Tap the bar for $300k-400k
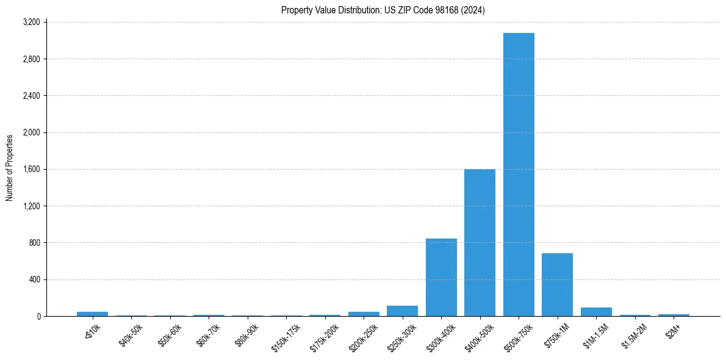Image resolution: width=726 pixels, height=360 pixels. pyautogui.click(x=441, y=278)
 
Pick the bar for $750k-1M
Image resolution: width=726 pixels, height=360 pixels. pyautogui.click(x=557, y=285)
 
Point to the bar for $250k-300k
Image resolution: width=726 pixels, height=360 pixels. pyautogui.click(x=402, y=311)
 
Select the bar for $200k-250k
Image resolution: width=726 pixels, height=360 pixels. pyautogui.click(x=364, y=314)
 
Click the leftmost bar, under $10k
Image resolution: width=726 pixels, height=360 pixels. pyautogui.click(x=92, y=314)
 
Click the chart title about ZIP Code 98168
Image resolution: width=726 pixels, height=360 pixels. pyautogui.click(x=383, y=10)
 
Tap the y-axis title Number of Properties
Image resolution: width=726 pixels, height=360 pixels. pyautogui.click(x=10, y=168)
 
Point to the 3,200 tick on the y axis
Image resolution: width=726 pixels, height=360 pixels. pyautogui.click(x=31, y=23)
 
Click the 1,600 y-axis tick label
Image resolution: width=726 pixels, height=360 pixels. pyautogui.click(x=31, y=170)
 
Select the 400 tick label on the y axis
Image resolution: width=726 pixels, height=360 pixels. pyautogui.click(x=34, y=280)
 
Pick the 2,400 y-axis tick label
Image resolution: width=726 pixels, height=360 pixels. pyautogui.click(x=31, y=96)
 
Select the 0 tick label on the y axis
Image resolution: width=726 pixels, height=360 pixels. pyautogui.click(x=38, y=317)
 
